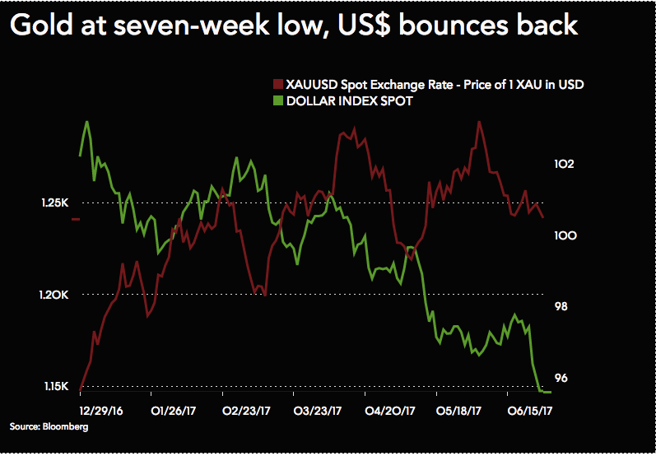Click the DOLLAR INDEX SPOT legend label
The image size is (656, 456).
click(x=349, y=101)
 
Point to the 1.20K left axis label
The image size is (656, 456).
click(x=54, y=295)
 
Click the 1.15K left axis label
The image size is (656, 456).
click(x=54, y=386)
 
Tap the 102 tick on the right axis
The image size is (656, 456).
click(x=564, y=164)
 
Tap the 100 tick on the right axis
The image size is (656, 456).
click(x=564, y=235)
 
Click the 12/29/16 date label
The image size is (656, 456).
click(x=101, y=409)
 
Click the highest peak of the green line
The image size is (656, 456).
click(x=87, y=122)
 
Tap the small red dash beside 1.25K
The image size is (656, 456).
click(x=75, y=219)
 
